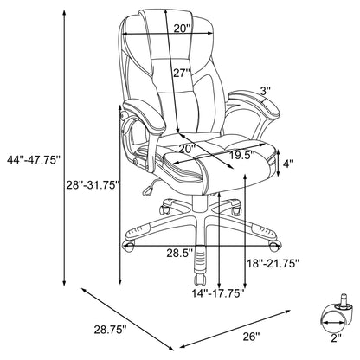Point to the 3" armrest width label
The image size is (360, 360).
265,90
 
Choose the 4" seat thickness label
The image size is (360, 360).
289,161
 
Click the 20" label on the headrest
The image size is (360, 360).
179,29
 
